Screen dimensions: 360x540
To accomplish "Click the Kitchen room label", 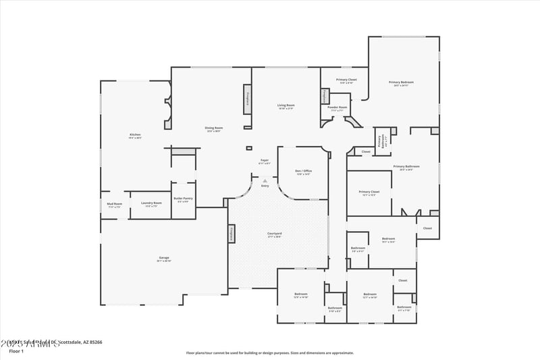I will click(x=135, y=135).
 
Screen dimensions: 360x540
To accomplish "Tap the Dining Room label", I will click(x=214, y=128).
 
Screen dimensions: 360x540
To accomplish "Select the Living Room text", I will click(x=286, y=105).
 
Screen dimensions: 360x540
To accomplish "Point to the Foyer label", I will click(x=264, y=161).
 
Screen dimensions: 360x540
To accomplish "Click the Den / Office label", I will click(x=304, y=171).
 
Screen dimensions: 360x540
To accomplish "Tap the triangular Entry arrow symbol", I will click(x=265, y=180).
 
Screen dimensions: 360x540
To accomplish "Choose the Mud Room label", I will click(x=114, y=204).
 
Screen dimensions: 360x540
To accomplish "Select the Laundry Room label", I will click(x=151, y=203).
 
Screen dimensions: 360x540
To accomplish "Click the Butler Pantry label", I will click(x=184, y=199).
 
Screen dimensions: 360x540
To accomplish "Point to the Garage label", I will click(x=164, y=258).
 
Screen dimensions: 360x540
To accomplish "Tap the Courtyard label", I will click(x=274, y=234).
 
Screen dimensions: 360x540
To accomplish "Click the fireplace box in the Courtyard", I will click(x=232, y=234).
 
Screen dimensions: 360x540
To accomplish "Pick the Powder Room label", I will click(x=337, y=107).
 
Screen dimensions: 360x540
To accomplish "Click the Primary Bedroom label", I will click(x=401, y=82).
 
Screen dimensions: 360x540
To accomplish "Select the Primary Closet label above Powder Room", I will click(x=347, y=80).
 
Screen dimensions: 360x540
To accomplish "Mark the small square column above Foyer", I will click(x=248, y=148).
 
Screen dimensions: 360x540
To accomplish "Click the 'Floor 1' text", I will click(x=16, y=351).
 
